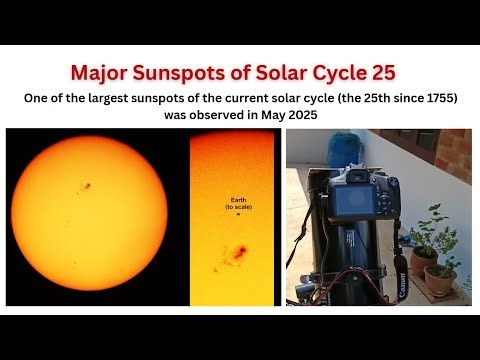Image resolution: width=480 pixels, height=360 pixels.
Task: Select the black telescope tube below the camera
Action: point(355,265)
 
